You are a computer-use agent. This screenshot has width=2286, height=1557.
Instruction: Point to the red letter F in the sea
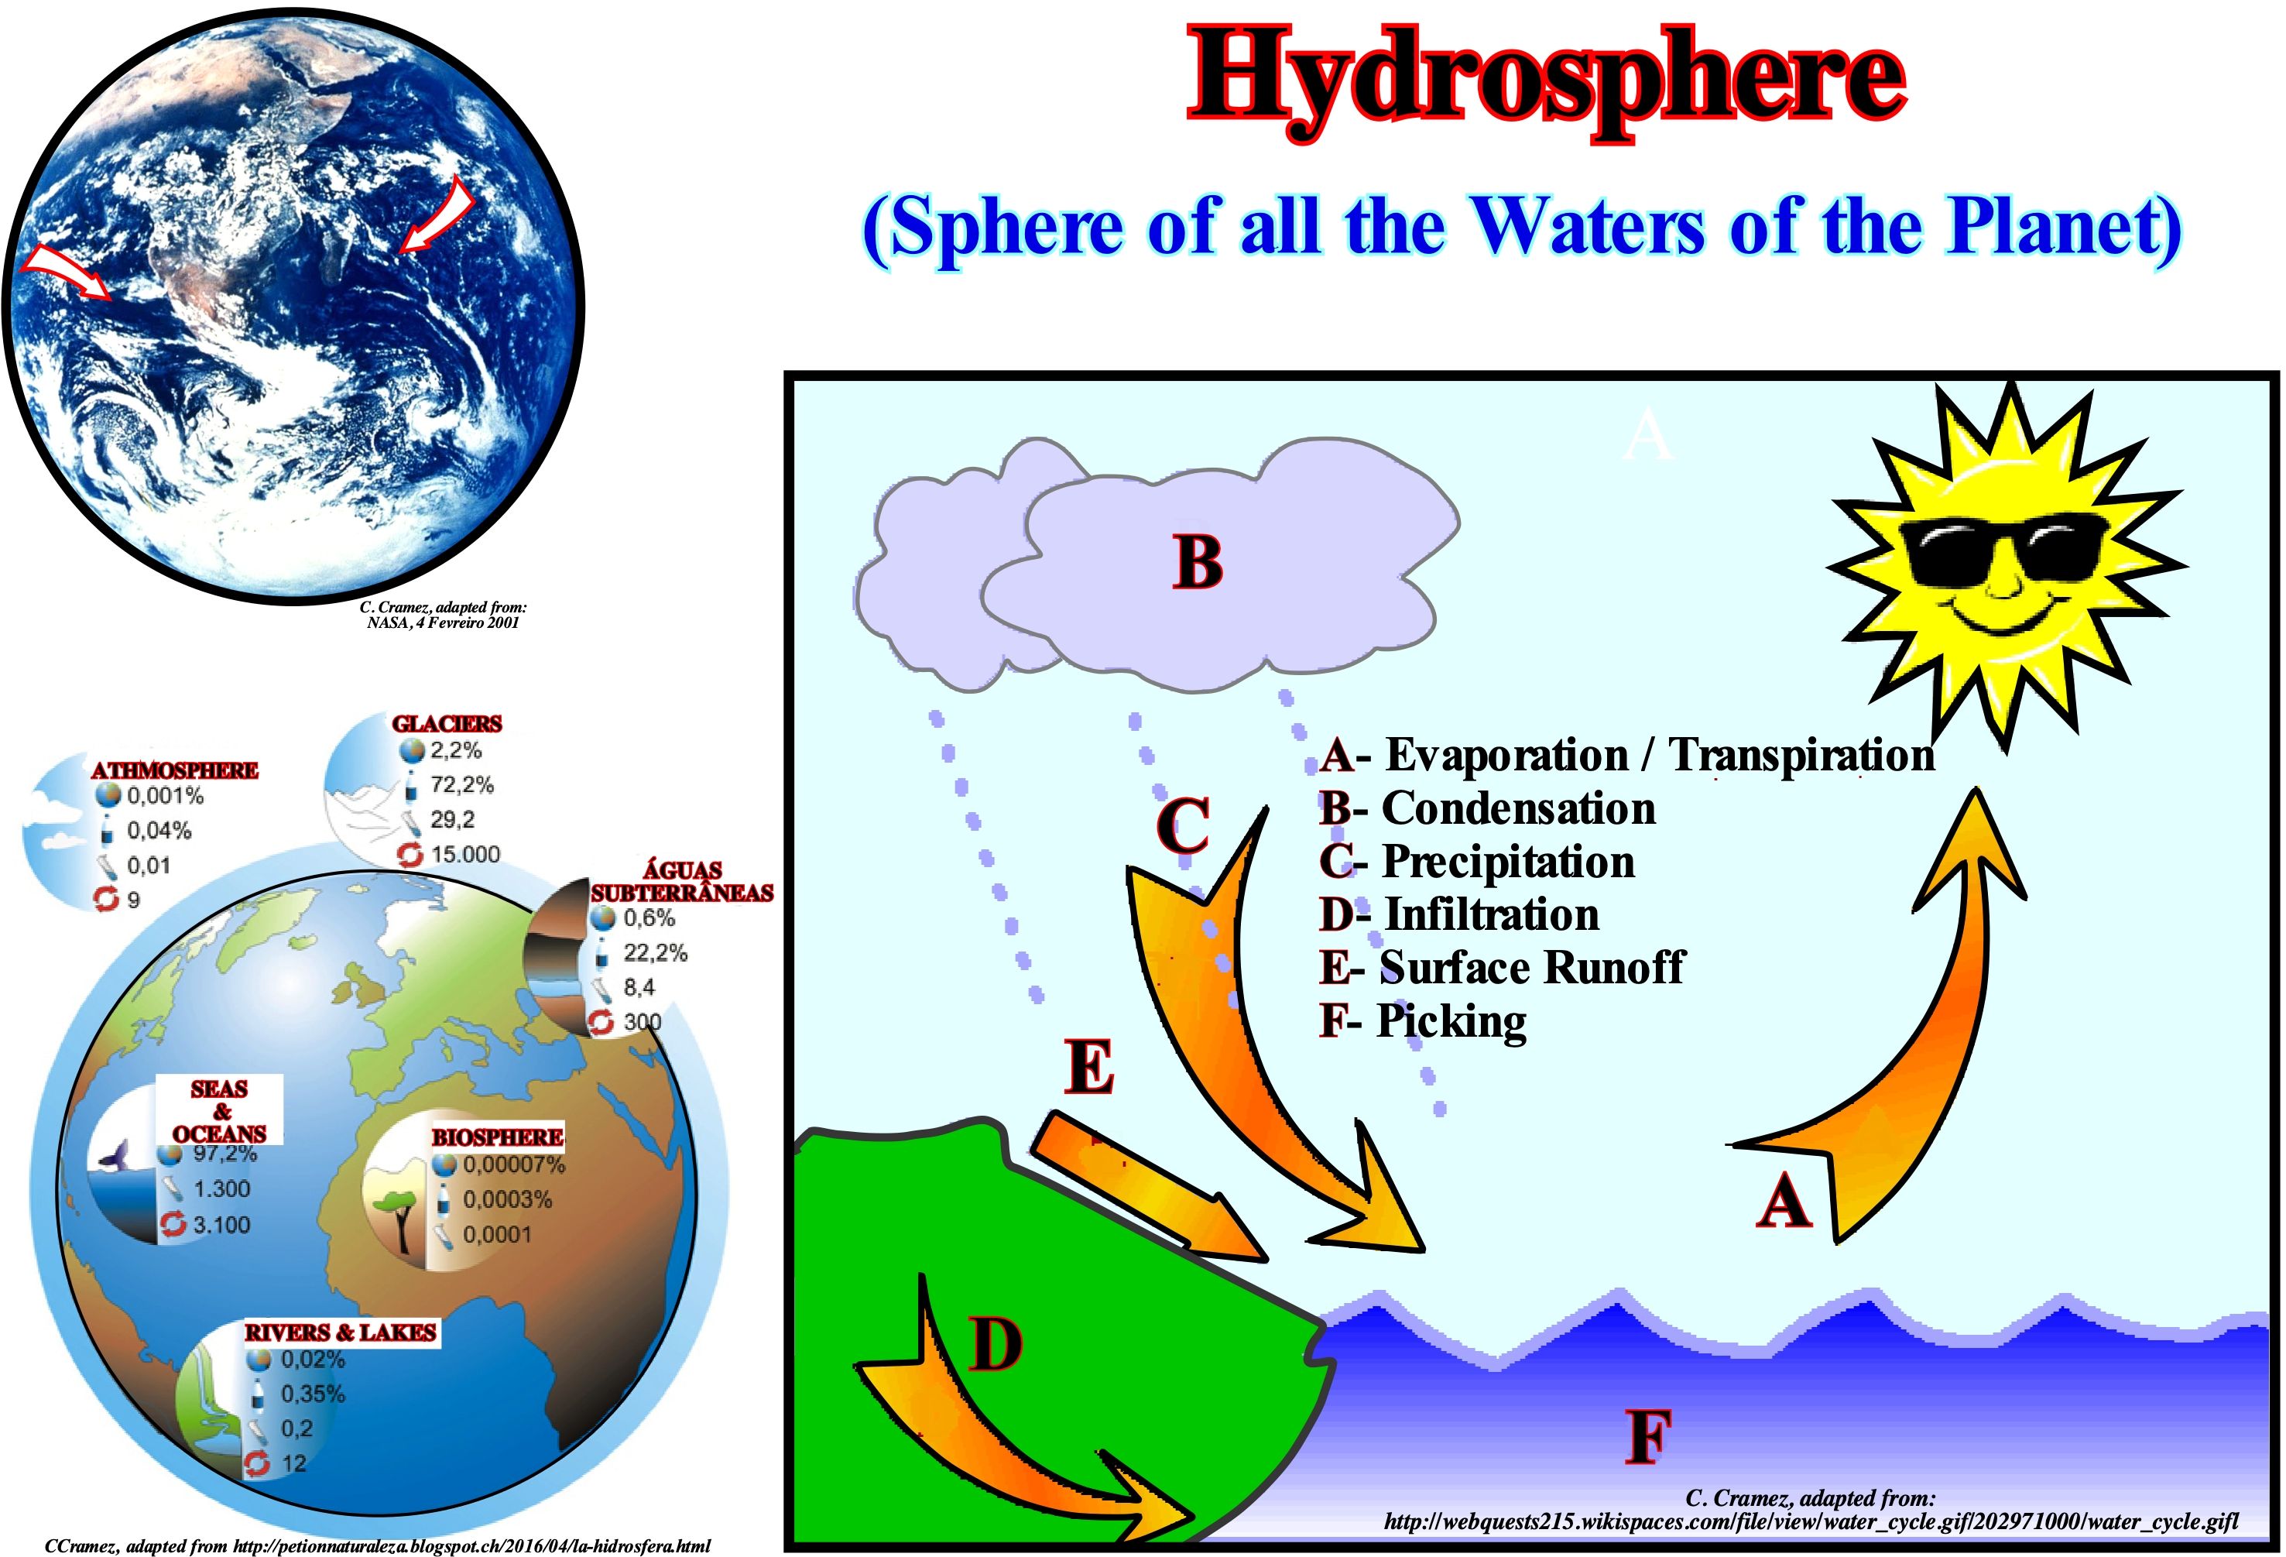click(1650, 1436)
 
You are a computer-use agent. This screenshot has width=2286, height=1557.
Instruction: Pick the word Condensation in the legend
click(1519, 808)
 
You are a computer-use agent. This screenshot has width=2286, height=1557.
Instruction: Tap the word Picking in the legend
click(1451, 1022)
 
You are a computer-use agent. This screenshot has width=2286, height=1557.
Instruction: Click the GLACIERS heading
click(447, 724)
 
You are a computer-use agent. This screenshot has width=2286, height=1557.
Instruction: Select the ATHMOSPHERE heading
click(175, 770)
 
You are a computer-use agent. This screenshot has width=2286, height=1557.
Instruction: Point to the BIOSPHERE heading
click(498, 1137)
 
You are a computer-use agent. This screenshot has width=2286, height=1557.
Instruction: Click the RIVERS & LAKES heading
click(341, 1332)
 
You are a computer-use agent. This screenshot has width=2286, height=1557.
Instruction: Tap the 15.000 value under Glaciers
click(465, 854)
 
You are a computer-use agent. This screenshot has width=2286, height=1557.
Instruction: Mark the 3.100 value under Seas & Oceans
click(221, 1225)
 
